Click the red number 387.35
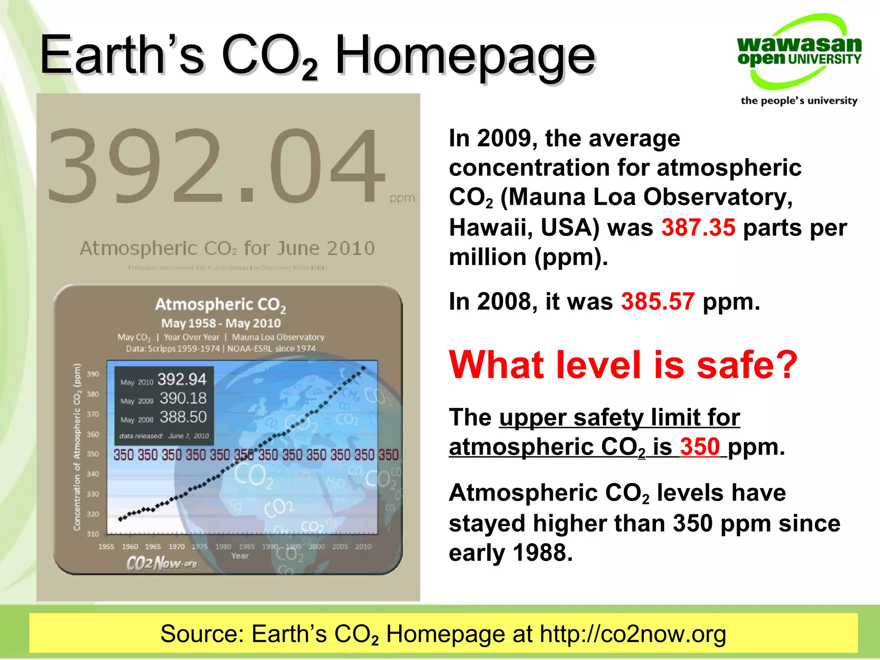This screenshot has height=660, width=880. coord(698,227)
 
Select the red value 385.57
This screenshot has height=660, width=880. coord(657,301)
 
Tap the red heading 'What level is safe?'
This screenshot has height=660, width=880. coord(623,365)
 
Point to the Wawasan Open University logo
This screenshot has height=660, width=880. coord(799,52)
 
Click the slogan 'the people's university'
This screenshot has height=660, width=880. coord(799,101)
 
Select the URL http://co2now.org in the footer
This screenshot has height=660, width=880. coord(632,634)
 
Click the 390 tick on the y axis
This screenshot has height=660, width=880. coord(93,374)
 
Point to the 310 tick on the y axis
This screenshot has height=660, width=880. coord(93,534)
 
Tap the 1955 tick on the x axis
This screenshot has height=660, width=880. coord(106,547)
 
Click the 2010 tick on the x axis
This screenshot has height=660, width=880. coord(363,547)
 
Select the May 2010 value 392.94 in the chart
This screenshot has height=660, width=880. coord(182,379)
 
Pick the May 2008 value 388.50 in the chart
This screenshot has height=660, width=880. coord(183,417)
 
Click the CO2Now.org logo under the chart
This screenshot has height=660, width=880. coord(162,563)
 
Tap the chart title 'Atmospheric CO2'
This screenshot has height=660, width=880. coord(220,305)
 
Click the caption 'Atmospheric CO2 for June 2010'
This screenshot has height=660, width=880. coord(227,248)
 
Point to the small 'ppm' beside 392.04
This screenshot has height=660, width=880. coord(402,198)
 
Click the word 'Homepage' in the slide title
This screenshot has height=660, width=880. coord(465,56)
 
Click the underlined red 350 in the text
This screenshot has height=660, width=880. coord(700,447)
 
